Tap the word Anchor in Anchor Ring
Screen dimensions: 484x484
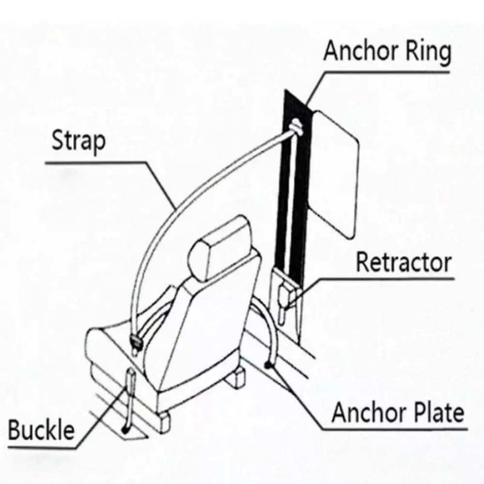tap(360, 51)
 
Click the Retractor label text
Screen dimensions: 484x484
tap(404, 263)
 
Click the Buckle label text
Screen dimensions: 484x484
tap(42, 430)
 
